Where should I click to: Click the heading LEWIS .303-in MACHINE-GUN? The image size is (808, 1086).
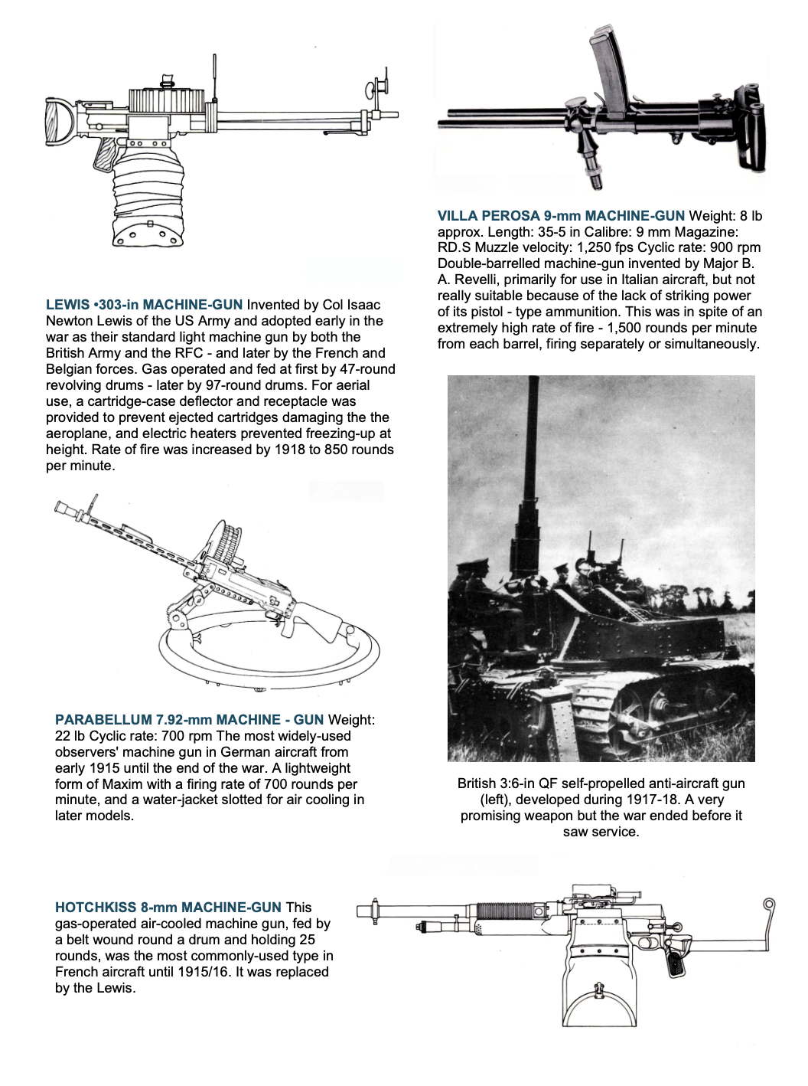[145, 305]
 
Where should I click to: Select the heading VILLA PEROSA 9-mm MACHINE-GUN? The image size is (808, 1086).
[561, 216]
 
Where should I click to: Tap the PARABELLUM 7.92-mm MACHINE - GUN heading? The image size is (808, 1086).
[189, 720]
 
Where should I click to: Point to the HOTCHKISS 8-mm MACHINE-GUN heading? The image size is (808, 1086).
[168, 908]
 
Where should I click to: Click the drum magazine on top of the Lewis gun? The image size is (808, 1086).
[167, 100]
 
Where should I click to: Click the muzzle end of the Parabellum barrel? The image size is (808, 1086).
[61, 506]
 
